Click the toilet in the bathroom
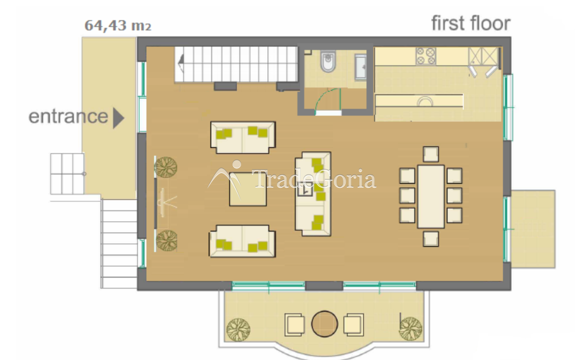[328, 61]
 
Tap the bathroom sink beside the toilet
[361, 67]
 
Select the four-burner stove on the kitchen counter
[426, 56]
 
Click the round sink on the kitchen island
[425, 102]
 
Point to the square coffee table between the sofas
[248, 189]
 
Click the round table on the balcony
[324, 324]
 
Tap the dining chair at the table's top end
[431, 154]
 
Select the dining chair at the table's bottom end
[431, 239]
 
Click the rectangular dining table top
[431, 196]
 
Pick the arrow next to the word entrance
[118, 118]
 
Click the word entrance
[68, 117]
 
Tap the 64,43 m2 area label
[118, 26]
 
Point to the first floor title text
[471, 23]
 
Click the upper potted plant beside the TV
[165, 167]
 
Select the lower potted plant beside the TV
[167, 241]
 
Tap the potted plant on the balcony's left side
[238, 329]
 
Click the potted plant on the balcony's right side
[411, 328]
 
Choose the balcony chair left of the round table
[295, 324]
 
